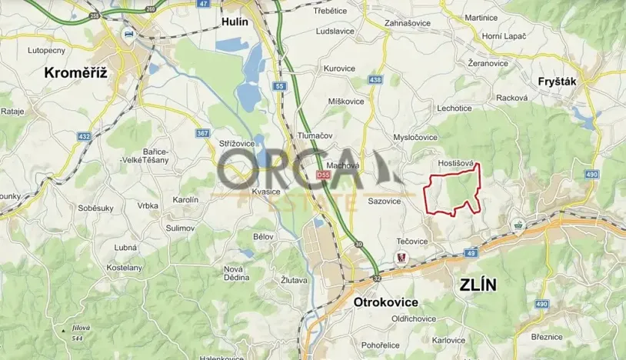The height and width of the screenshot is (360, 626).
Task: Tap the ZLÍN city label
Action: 478,285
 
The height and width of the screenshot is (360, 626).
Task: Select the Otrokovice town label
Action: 385,302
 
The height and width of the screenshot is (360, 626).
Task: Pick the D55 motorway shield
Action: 324,176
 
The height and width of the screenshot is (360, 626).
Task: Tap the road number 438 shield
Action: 375,80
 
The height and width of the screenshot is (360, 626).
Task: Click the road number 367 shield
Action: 203,134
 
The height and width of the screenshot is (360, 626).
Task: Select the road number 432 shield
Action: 84,136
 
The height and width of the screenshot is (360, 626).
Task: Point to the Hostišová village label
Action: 455,163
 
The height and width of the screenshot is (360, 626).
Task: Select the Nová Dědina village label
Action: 233,273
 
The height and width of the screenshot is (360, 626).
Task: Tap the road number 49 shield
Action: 471,252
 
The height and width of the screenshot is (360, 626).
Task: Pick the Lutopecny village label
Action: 46,50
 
